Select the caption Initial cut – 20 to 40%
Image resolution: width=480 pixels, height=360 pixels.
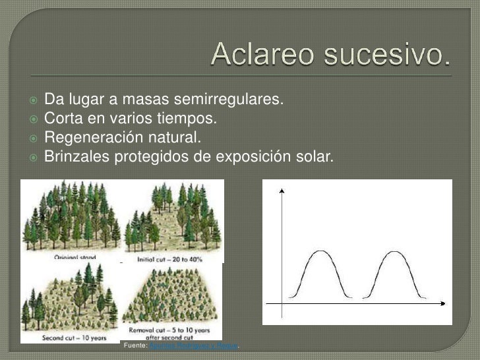coord(169,259)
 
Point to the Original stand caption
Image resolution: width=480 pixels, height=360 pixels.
coord(75,258)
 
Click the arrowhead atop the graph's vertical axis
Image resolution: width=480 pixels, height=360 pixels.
coord(282,191)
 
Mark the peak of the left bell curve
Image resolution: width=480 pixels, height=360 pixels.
coord(320,251)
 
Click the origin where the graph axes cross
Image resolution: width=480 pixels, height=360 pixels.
coord(282,303)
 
